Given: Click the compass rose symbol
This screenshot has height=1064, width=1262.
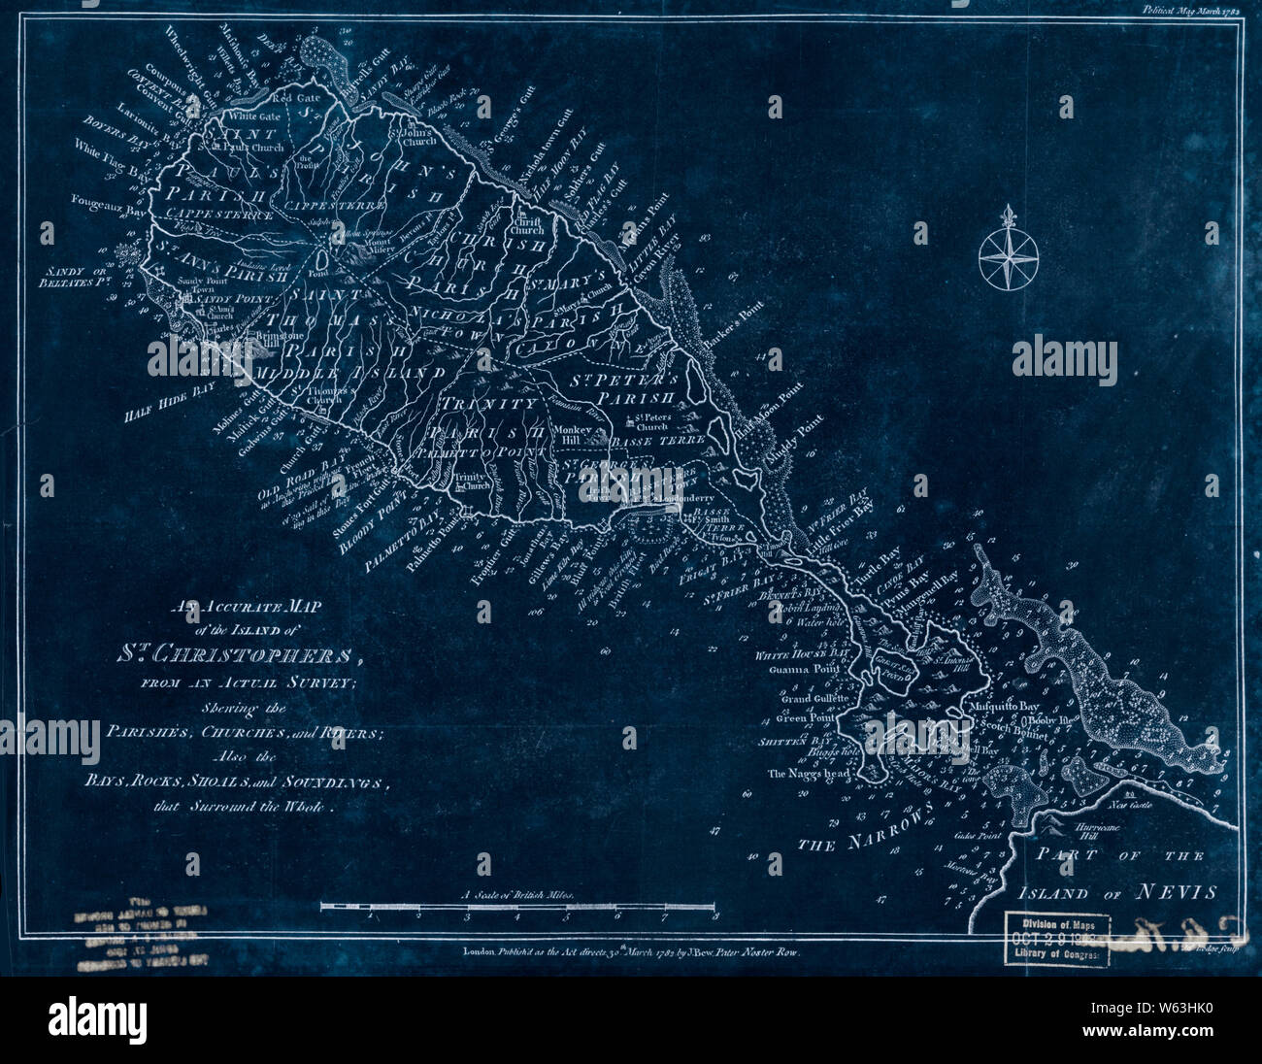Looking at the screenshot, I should tap(1009, 254).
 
